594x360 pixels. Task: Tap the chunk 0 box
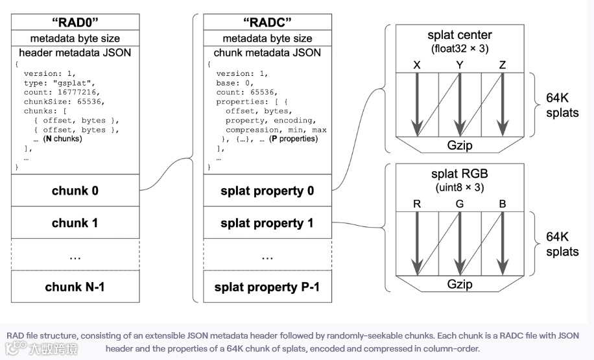pyautogui.click(x=75, y=191)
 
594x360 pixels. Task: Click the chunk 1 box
pyautogui.click(x=75, y=222)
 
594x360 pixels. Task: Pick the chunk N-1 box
pyautogui.click(x=75, y=286)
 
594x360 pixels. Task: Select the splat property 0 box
pyautogui.click(x=267, y=191)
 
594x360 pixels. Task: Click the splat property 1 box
pyautogui.click(x=267, y=222)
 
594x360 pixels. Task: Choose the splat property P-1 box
pyautogui.click(x=267, y=286)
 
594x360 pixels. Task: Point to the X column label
pyautogui.click(x=417, y=65)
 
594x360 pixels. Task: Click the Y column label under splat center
pyautogui.click(x=460, y=65)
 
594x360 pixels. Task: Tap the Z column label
pyautogui.click(x=503, y=65)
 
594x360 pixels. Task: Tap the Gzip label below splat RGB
pyautogui.click(x=460, y=284)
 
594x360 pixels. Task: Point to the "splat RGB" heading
pyautogui.click(x=459, y=174)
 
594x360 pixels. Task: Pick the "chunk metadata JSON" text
pyautogui.click(x=267, y=53)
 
